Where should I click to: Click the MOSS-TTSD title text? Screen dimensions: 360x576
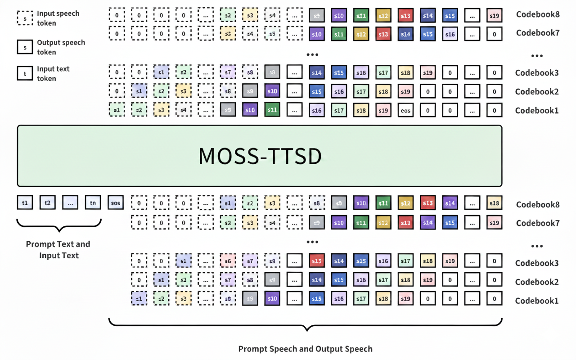(260, 156)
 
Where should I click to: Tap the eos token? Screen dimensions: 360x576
(405, 110)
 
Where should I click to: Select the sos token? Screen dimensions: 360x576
(116, 203)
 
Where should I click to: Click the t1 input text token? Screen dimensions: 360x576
(25, 203)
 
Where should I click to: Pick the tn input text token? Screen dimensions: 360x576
(93, 203)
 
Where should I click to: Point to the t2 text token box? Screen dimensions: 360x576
(48, 203)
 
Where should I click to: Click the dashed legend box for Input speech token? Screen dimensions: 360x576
(25, 18)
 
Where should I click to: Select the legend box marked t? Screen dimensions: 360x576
(25, 73)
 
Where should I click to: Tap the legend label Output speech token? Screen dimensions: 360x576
(61, 47)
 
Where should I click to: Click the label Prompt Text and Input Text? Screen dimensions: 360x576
(58, 250)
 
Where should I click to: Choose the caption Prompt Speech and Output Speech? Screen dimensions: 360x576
(305, 349)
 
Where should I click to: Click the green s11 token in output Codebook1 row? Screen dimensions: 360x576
(272, 110)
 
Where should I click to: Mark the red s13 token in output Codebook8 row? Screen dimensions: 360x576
(405, 16)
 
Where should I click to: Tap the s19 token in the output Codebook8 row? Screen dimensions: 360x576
(494, 16)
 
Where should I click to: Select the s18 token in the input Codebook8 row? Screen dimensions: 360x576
(494, 203)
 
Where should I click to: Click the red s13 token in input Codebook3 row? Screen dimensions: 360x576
(317, 261)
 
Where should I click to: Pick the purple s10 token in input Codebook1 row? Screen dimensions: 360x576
(272, 298)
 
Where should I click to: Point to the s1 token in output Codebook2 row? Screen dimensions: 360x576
(139, 91)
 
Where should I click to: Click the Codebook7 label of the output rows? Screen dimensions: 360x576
(538, 33)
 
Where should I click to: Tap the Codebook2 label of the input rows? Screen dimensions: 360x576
(537, 282)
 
